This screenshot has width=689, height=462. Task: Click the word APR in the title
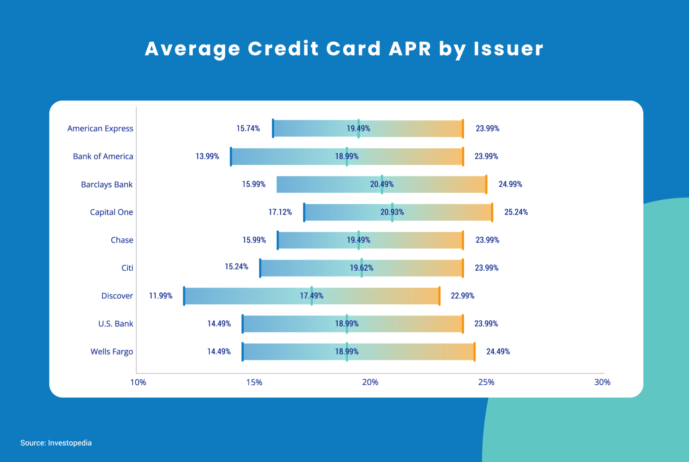click(x=410, y=48)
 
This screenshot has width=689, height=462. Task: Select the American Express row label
click(x=100, y=128)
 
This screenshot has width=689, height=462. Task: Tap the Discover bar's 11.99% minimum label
click(x=161, y=296)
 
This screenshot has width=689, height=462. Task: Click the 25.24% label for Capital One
click(x=516, y=212)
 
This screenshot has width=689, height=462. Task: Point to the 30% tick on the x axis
click(x=602, y=382)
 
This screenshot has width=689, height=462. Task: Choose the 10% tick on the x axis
click(x=138, y=382)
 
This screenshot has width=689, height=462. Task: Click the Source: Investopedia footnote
click(x=56, y=443)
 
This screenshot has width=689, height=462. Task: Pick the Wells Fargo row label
click(x=112, y=352)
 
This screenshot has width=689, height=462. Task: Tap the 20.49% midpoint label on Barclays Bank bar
click(x=382, y=184)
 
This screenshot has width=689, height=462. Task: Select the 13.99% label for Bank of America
click(x=207, y=156)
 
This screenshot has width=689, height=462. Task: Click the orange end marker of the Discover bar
click(x=439, y=296)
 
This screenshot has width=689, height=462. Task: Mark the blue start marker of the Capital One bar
click(x=304, y=212)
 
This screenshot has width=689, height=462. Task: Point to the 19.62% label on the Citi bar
click(x=362, y=268)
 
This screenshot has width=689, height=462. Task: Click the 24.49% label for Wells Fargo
click(x=498, y=352)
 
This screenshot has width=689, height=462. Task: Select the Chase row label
click(x=122, y=240)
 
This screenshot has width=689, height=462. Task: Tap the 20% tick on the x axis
click(x=370, y=382)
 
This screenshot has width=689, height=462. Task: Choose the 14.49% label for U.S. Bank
click(x=219, y=324)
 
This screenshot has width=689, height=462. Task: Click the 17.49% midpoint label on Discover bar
click(x=311, y=296)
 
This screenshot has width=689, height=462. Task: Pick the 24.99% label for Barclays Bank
click(x=510, y=184)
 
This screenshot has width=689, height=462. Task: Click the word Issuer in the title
click(x=508, y=48)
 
